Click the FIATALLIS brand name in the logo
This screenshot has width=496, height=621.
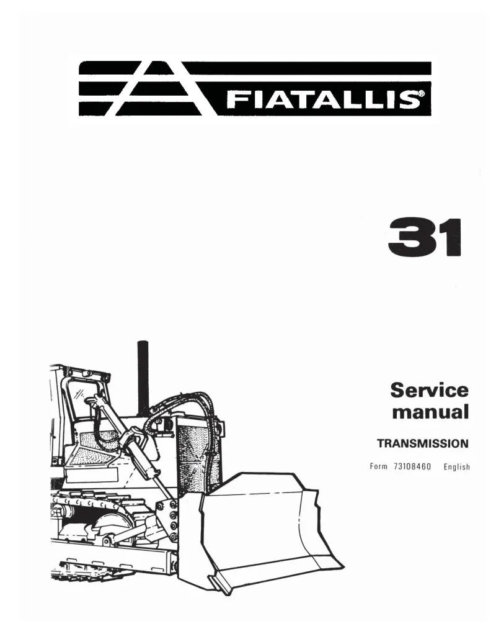pos(323,99)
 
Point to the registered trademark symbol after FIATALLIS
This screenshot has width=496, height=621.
pos(422,94)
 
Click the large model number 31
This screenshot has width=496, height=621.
pos(425,237)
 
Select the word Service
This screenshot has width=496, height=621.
pos(429,390)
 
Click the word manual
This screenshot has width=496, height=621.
pos(430,412)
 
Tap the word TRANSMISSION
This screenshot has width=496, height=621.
pos(422,443)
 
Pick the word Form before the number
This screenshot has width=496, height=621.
pos(379,466)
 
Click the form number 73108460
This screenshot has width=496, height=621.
pos(412,466)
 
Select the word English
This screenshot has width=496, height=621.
pos(456,467)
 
